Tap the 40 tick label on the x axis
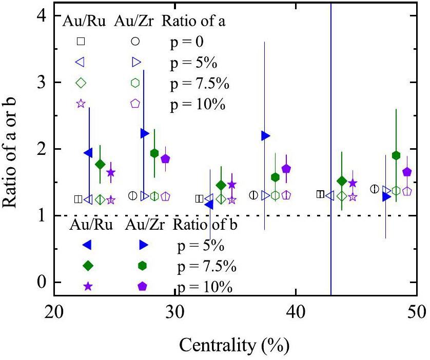(x=296, y=313)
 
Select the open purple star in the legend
(x=81, y=103)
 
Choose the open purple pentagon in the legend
(x=135, y=103)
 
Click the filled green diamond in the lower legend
(x=88, y=265)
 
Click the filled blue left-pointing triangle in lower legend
(x=88, y=245)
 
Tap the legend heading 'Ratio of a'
(x=194, y=21)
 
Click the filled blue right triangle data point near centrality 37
(x=265, y=135)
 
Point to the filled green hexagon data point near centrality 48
(x=396, y=155)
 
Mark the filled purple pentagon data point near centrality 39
(x=286, y=168)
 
